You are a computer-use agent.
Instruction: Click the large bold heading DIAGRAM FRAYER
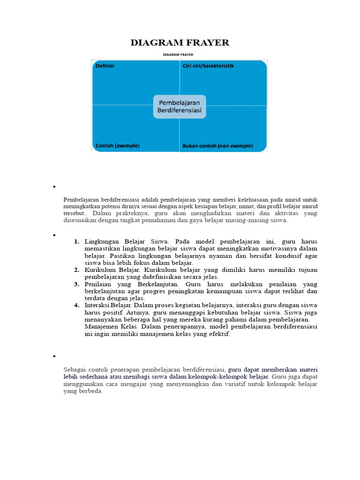180,43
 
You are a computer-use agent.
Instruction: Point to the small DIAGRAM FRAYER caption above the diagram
180,55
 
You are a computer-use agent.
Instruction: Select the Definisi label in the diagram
105,66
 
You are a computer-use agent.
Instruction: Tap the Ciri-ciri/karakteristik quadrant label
208,66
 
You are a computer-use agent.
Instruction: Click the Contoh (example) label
117,146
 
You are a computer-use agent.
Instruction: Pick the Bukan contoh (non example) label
217,146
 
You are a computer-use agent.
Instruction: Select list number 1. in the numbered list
76,241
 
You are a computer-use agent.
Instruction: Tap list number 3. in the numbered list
76,284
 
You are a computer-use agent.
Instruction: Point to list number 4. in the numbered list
76,305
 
